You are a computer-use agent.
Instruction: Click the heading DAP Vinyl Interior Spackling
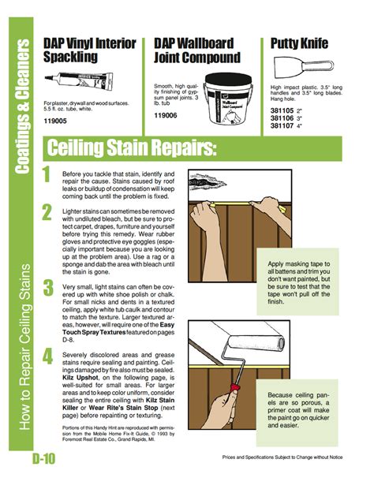(x=88, y=50)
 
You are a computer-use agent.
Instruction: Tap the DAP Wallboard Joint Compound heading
(x=198, y=50)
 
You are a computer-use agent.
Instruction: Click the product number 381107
(x=282, y=125)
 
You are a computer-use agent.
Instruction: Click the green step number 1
(x=47, y=175)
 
